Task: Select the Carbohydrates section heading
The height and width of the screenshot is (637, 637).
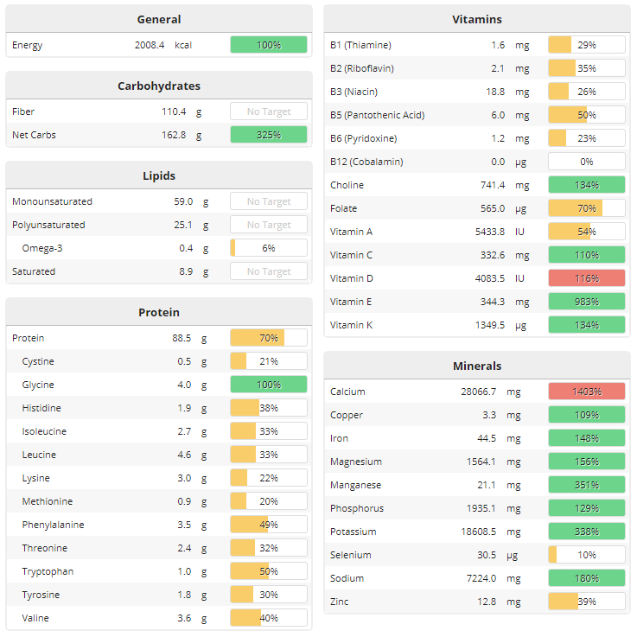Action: [x=159, y=86]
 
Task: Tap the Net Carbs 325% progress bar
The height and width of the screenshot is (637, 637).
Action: [x=269, y=135]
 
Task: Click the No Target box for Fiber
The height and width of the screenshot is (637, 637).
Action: [x=269, y=111]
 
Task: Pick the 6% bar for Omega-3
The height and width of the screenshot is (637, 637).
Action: [x=269, y=248]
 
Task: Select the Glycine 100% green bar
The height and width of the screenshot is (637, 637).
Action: [x=269, y=385]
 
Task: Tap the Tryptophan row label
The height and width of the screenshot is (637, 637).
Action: [x=48, y=571]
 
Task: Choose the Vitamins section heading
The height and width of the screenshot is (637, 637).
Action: [x=477, y=19]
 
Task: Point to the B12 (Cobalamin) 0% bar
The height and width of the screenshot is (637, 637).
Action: [x=587, y=162]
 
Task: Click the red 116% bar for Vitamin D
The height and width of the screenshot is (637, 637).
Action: [x=587, y=278]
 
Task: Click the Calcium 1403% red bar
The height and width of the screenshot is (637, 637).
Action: [x=587, y=392]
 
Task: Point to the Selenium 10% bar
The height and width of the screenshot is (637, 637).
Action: [x=587, y=555]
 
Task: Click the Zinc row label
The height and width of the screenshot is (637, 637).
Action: [x=341, y=602]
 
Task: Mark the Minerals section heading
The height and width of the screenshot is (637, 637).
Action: [x=477, y=366]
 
